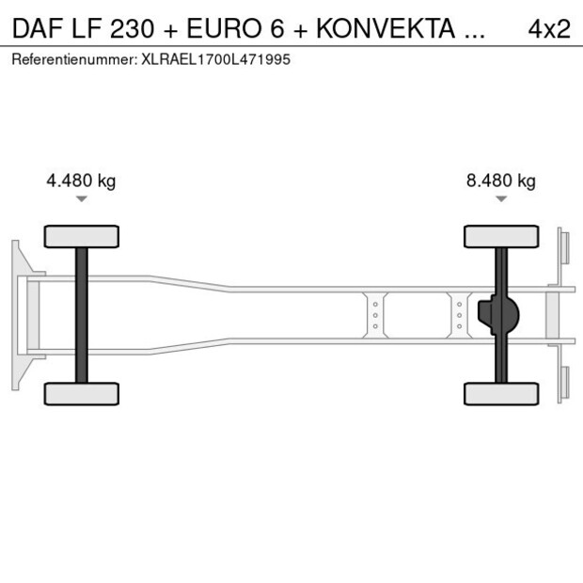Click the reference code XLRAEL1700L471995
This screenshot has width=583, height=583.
click(x=214, y=58)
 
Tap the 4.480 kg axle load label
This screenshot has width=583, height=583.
click(x=81, y=181)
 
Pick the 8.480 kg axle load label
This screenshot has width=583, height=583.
click(x=500, y=181)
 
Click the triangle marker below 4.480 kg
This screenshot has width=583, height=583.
click(x=82, y=198)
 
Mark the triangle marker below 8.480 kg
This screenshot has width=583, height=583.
click(x=501, y=198)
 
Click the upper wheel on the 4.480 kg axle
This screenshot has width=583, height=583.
click(x=82, y=236)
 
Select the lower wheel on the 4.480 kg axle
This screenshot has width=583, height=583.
click(x=82, y=393)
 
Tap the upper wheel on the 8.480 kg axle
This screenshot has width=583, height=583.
click(x=501, y=236)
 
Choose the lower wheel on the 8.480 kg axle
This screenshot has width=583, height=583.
click(x=501, y=393)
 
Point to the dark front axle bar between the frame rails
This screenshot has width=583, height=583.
click(x=82, y=315)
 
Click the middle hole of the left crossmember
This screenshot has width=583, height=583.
click(x=375, y=315)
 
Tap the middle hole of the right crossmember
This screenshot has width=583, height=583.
click(x=459, y=315)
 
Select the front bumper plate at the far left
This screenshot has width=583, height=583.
click(x=16, y=315)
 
